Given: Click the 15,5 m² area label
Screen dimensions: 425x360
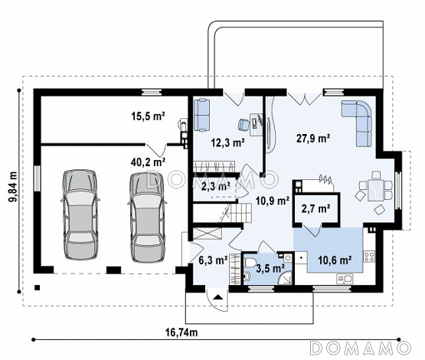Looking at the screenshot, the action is coord(149,116).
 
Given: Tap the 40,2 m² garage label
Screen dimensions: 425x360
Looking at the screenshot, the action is coord(149,162).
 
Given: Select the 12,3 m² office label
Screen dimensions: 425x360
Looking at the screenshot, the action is coord(227,142).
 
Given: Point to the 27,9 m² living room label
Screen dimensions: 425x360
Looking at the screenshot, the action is coord(313,138).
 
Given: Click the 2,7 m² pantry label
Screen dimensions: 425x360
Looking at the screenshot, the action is coord(315,209).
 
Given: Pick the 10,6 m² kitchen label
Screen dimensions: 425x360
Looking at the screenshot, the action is coord(335,260).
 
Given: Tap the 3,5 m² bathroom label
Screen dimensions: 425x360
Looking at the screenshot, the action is coord(270,268).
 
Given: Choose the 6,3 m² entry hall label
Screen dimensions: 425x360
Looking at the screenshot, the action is coord(213,260).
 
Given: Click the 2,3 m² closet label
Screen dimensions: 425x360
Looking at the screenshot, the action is coord(216,186).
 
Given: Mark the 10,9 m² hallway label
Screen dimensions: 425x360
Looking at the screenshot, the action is coord(273,201).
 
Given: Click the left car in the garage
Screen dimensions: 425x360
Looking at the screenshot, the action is coord(80,214).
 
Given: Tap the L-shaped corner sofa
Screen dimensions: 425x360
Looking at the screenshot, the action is coord(357,123).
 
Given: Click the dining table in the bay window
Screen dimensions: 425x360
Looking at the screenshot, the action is coord(375,190).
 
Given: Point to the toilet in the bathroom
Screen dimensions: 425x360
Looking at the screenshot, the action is coord(250,262).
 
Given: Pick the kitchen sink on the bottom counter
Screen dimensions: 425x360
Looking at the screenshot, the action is coord(345,278).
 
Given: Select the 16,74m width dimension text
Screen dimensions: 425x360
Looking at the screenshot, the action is coord(181,332).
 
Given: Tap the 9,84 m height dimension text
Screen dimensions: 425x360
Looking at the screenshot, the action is coord(13,186).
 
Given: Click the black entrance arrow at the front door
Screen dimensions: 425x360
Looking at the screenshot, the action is coord(217,297).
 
